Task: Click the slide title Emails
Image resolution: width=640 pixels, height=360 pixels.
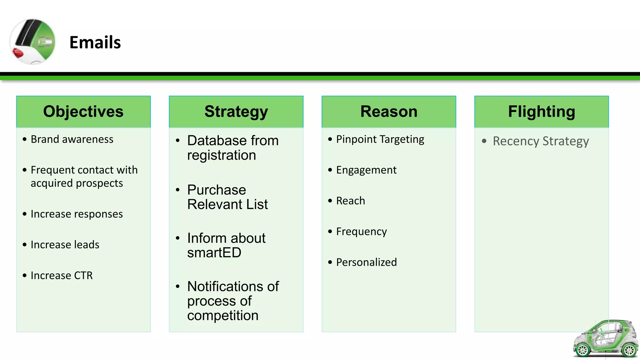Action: coord(95,42)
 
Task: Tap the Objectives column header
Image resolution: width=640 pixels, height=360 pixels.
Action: coord(83,112)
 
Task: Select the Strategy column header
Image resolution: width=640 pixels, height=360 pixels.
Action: coord(236,112)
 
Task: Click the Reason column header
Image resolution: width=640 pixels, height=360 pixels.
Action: coord(389,112)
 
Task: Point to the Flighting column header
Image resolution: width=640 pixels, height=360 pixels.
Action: coord(541,112)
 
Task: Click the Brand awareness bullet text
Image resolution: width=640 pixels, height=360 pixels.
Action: coord(72,139)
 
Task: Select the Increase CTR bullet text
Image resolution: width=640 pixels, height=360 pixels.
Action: coord(62,276)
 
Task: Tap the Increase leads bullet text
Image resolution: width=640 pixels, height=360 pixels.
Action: coord(65,245)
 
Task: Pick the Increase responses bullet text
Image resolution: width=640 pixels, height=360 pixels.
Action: coord(77,214)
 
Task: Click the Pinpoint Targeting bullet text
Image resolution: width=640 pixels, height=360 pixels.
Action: coord(380,139)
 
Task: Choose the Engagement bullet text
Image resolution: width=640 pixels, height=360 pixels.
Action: coord(366,170)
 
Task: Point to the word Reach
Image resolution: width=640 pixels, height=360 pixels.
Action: coord(350,201)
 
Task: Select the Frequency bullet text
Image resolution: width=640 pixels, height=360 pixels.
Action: coord(361,232)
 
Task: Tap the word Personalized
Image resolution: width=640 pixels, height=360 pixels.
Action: coord(366,262)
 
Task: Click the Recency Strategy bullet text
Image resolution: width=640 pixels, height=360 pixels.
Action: coord(541,141)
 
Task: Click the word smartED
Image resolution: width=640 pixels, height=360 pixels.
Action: coord(214,253)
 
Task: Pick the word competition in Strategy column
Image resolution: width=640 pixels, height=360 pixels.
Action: coord(223,316)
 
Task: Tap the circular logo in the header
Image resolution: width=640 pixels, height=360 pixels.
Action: coord(32,42)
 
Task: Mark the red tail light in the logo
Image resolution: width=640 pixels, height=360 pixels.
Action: coord(18,53)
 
